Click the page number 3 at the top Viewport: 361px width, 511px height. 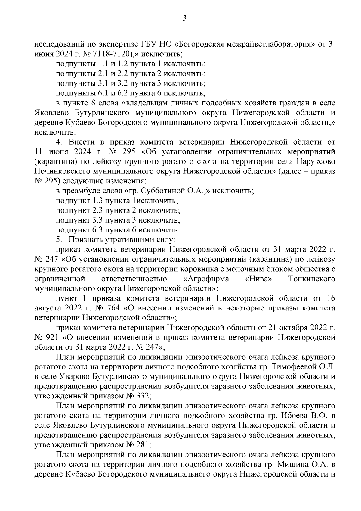pos(185,19)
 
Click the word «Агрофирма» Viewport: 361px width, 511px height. pos(206,279)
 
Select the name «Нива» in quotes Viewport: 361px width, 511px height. pos(259,279)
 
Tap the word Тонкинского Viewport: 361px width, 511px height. pos(312,279)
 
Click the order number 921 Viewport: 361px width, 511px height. pos(55,338)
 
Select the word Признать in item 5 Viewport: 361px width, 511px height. pos(85,240)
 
